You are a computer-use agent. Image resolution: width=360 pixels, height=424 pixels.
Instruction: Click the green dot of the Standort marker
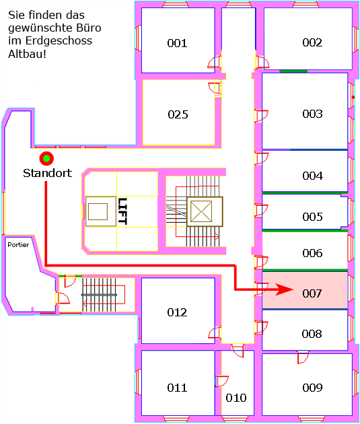click(x=46, y=158)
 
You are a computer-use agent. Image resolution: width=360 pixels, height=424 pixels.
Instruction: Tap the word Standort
click(x=48, y=173)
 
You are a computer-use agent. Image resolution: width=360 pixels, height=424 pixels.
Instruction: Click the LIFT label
click(x=122, y=211)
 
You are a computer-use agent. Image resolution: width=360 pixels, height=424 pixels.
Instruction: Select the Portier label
click(x=18, y=245)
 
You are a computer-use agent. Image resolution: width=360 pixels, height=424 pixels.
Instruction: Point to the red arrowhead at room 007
click(x=285, y=289)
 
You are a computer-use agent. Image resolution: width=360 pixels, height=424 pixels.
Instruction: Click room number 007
click(x=312, y=293)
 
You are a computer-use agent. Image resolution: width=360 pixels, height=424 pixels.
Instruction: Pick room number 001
click(x=177, y=43)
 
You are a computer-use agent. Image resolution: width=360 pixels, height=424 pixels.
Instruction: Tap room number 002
click(x=312, y=42)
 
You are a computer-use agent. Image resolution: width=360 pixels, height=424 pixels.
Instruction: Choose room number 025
click(x=178, y=114)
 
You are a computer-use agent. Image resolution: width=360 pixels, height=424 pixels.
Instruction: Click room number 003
click(x=312, y=114)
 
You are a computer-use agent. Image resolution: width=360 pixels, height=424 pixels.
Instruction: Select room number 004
click(x=312, y=176)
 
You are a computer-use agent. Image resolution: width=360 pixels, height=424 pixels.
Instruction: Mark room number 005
click(x=312, y=217)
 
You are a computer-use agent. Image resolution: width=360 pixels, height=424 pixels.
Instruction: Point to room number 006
click(x=312, y=253)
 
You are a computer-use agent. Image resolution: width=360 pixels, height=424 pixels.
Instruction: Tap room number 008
click(x=312, y=334)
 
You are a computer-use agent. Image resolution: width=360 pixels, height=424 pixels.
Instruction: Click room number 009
click(x=312, y=388)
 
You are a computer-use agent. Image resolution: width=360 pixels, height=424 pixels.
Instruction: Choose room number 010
click(x=236, y=398)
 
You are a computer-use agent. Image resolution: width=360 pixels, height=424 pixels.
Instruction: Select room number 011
click(x=177, y=388)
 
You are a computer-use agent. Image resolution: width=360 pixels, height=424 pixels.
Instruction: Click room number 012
click(x=177, y=312)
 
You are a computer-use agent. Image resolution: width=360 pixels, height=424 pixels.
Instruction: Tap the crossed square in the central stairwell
click(x=205, y=211)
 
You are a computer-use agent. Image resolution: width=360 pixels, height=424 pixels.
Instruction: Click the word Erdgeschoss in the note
click(x=59, y=41)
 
